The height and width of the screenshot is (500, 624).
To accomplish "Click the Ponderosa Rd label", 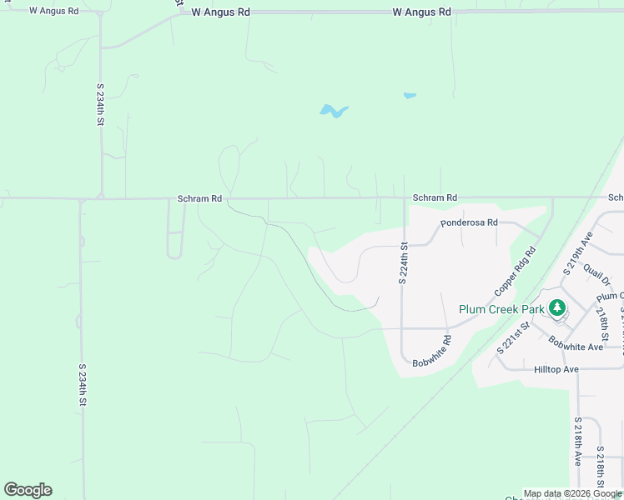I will (x=469, y=222).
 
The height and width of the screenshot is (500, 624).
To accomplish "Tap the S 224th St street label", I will (x=402, y=264).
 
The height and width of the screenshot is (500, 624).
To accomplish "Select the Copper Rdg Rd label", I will (x=513, y=271).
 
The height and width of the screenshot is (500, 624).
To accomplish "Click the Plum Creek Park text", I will (x=501, y=309).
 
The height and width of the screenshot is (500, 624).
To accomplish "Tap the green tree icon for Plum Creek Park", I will (x=556, y=308).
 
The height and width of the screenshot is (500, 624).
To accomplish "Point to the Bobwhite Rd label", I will (x=431, y=352).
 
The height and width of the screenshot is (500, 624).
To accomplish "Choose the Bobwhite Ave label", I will (x=576, y=344).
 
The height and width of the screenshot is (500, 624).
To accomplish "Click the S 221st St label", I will (x=514, y=338).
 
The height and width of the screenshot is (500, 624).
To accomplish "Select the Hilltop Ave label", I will (x=556, y=368).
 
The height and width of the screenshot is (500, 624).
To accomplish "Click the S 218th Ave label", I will (x=577, y=441).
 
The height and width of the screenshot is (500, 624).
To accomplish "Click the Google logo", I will (x=28, y=490).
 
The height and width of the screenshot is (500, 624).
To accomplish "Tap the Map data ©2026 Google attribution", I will (x=572, y=493).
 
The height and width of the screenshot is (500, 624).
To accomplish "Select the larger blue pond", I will (x=333, y=111).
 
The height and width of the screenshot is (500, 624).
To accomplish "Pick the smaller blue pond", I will (x=410, y=96).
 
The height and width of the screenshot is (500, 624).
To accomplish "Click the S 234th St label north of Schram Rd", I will (x=100, y=104).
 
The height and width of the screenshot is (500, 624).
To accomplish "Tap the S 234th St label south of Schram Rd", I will (x=83, y=385).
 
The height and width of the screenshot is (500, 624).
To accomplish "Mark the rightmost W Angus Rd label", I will (x=421, y=12).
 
